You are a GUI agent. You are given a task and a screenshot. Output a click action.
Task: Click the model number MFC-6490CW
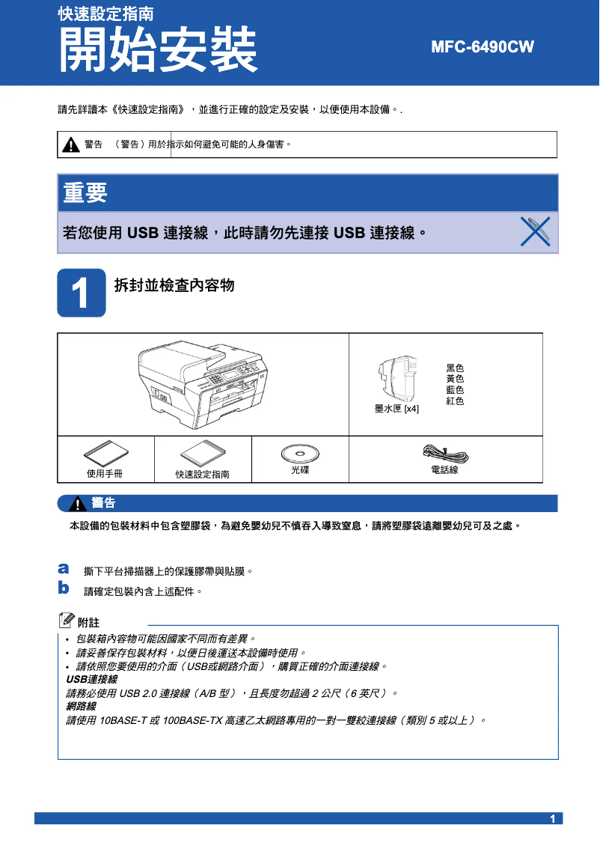click(x=483, y=47)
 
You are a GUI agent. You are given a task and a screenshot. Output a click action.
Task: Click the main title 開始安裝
click(x=158, y=50)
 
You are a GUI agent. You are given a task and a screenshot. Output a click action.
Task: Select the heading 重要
click(x=85, y=193)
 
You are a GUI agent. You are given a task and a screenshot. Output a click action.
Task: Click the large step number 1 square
click(x=82, y=293)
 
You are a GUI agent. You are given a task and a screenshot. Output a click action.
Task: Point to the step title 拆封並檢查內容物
click(x=174, y=285)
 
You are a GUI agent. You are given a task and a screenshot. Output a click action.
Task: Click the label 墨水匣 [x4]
click(x=397, y=409)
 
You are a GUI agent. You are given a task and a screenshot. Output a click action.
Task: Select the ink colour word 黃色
click(x=455, y=380)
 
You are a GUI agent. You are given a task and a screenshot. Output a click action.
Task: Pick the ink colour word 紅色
click(x=455, y=401)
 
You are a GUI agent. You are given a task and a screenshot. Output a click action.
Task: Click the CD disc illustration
click(x=299, y=453)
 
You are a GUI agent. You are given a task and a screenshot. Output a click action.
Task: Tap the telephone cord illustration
click(x=445, y=454)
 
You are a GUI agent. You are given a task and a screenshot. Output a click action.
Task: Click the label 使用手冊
click(x=105, y=473)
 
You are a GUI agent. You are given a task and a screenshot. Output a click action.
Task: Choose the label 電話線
click(x=444, y=470)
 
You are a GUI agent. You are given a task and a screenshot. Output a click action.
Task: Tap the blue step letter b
click(x=64, y=588)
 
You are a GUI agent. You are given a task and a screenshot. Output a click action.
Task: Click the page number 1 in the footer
click(x=553, y=819)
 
